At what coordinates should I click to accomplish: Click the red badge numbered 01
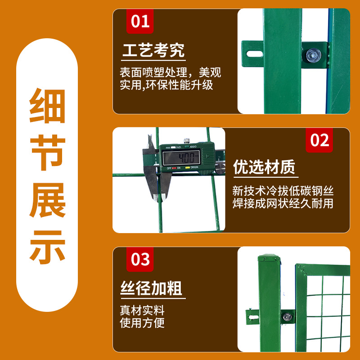140,21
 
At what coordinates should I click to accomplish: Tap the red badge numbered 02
320,140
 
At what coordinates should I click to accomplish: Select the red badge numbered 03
140,260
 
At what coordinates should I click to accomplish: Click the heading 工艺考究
153,50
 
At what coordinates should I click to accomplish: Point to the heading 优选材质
264,167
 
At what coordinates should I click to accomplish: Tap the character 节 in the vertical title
47,153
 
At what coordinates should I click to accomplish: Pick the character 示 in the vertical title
47,247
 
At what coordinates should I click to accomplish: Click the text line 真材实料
142,310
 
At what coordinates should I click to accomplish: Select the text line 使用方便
142,323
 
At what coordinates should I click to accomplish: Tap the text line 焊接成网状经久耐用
283,203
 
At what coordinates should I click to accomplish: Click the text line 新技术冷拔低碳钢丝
283,191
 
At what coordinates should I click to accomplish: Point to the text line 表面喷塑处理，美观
171,72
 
